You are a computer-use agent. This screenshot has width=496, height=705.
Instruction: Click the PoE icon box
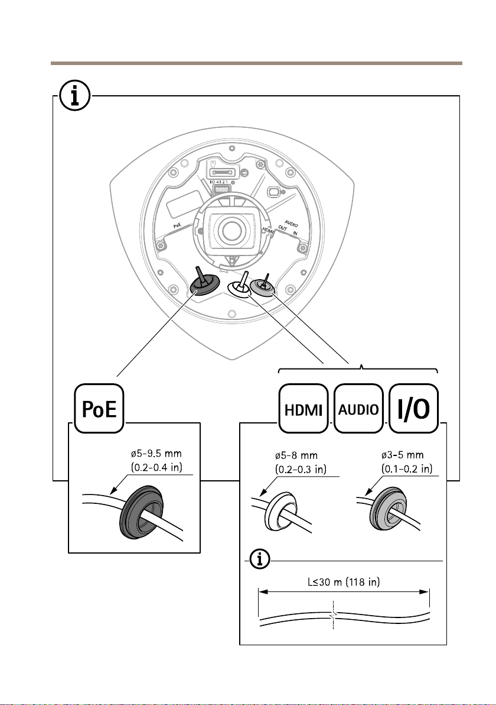tap(99, 408)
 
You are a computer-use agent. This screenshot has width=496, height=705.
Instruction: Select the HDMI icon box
tap(304, 408)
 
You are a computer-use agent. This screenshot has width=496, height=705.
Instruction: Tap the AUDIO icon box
tap(358, 408)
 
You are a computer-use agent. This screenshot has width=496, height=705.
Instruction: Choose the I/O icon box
tap(413, 408)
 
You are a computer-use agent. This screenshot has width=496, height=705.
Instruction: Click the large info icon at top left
tap(75, 96)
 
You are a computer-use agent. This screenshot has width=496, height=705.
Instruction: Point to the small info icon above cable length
tap(260, 560)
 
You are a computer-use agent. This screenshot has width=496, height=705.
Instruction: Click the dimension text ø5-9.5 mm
tap(156, 453)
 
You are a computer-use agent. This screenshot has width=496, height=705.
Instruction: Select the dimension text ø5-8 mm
tap(296, 455)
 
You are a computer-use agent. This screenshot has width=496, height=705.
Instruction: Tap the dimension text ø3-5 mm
tap(402, 455)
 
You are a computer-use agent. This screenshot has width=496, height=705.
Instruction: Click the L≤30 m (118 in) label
tap(344, 582)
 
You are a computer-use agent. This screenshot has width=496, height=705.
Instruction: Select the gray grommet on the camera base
tap(263, 287)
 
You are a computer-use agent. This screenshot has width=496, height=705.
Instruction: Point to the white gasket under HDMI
tap(281, 511)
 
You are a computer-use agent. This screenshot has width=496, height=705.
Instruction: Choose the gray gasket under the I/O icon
tap(390, 507)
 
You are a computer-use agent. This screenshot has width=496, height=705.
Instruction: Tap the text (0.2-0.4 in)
tap(156, 467)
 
